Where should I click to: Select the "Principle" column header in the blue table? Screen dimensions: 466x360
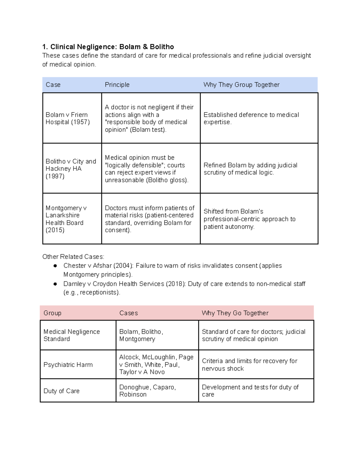tap(117, 85)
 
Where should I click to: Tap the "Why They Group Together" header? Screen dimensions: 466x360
tap(241, 85)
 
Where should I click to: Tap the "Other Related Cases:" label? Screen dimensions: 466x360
tap(73, 257)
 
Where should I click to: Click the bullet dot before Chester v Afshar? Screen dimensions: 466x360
tap(55, 266)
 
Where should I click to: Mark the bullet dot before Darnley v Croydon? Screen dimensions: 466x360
tap(55, 284)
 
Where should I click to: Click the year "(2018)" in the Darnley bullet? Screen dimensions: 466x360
tap(175, 284)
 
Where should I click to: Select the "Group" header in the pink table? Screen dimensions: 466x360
tap(52, 313)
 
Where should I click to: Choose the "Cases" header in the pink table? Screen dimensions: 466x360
tap(128, 313)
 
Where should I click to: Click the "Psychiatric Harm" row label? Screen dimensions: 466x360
tap(68, 365)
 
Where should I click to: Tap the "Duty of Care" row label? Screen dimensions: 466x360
tap(61, 391)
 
